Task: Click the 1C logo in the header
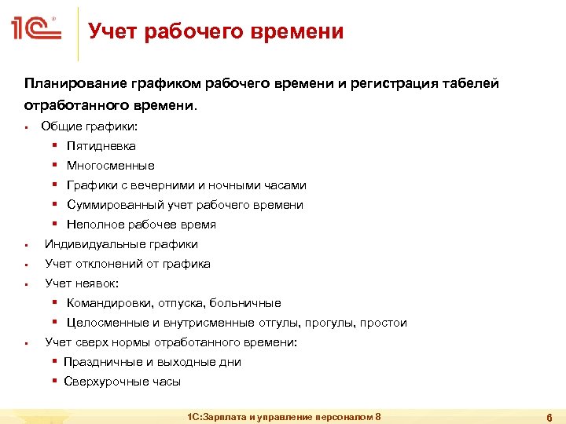(36, 31)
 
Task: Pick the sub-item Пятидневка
(101, 146)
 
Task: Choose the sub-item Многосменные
(110, 166)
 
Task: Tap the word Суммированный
(115, 205)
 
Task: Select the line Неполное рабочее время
(141, 225)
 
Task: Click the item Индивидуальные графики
(121, 244)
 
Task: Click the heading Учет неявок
(81, 283)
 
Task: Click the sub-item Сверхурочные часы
(123, 382)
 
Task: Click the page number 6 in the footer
(549, 417)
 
